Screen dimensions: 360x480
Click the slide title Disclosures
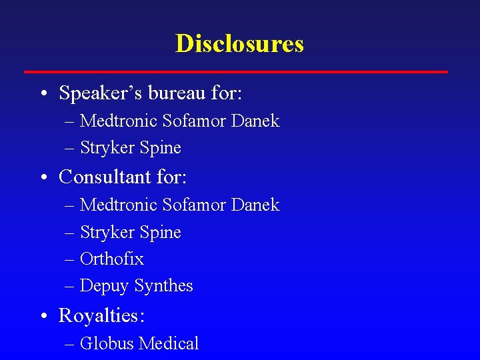pyautogui.click(x=239, y=44)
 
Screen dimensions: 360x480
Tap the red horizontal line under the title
pyautogui.click(x=236, y=71)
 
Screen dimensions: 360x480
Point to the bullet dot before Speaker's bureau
pyautogui.click(x=43, y=94)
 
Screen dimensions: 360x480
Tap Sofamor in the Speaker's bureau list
pyautogui.click(x=193, y=121)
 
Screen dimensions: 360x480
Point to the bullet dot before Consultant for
pyautogui.click(x=43, y=178)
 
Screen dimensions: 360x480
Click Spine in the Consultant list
pyautogui.click(x=160, y=233)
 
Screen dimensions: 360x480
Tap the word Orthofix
pyautogui.click(x=111, y=259)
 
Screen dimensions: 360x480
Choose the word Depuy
pyautogui.click(x=104, y=286)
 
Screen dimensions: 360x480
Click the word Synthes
pyautogui.click(x=163, y=286)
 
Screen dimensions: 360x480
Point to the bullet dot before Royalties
pyautogui.click(x=43, y=315)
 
